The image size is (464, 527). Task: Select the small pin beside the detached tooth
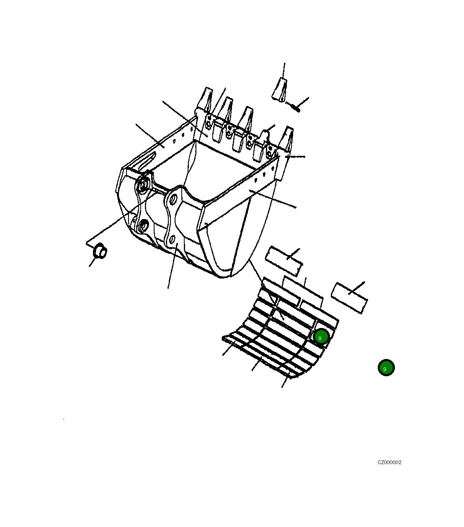(295, 108)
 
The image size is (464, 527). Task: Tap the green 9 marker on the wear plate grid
(321, 337)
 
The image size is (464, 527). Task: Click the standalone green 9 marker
(386, 368)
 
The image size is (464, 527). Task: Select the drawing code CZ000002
(389, 462)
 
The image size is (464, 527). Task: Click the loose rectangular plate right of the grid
(349, 297)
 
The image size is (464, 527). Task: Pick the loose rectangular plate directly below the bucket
(284, 261)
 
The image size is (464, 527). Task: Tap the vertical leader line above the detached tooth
(284, 70)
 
